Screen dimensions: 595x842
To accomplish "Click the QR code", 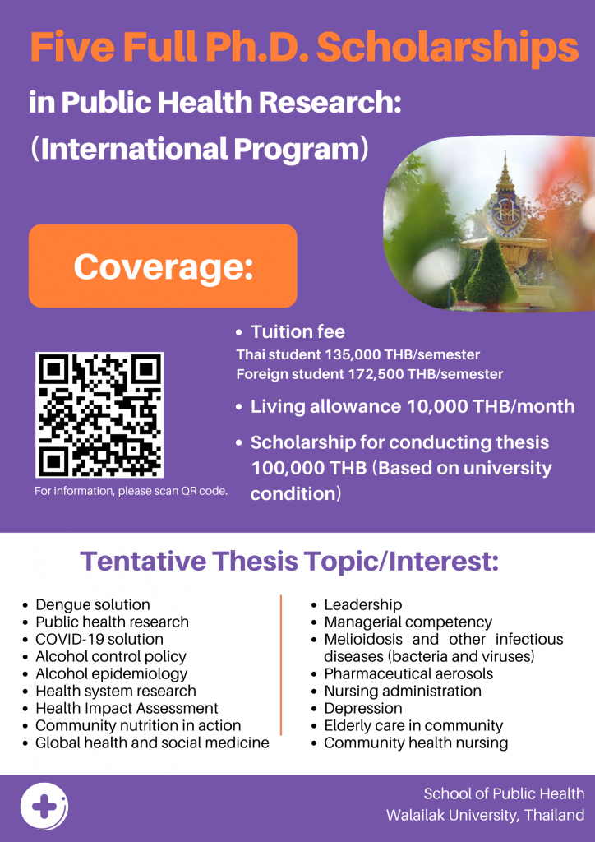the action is [99, 415].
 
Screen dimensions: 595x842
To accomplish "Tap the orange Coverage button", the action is [163, 266].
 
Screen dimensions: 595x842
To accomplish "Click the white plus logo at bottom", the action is [44, 807].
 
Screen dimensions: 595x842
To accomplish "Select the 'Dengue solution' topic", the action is [92, 604].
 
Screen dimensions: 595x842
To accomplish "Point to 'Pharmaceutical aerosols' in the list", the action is [408, 673].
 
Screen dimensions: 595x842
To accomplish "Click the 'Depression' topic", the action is [362, 708].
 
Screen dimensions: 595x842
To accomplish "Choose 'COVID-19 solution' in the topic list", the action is [99, 639].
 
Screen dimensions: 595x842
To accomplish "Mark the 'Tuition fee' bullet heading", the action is [297, 332].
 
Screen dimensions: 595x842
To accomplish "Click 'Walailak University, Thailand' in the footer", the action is [485, 815].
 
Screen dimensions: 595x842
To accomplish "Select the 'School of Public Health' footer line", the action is [504, 793].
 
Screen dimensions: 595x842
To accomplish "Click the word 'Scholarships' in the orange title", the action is [447, 47].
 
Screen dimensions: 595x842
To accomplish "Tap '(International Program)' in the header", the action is [199, 149].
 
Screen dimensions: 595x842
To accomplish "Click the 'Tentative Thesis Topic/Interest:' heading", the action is [289, 562].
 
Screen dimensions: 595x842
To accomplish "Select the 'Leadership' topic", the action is [362, 604].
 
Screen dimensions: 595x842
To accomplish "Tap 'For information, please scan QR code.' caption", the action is [131, 491].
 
